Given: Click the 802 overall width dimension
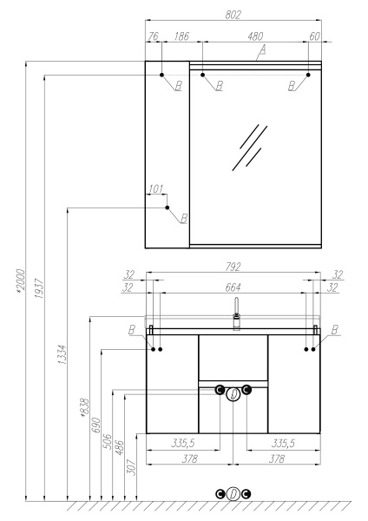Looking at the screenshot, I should [233, 15].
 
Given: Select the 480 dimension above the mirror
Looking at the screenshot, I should [256, 37].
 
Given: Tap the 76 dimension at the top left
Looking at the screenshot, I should [154, 37].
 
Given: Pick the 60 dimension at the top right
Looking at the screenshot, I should [314, 37].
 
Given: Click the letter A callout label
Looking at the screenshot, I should [262, 52].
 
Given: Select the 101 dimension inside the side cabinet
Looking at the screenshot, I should [156, 188].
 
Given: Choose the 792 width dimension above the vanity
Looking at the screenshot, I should [233, 267].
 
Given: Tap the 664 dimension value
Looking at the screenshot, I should [233, 287].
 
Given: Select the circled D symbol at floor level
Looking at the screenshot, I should [233, 494].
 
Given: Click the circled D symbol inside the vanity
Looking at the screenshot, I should [233, 393].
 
